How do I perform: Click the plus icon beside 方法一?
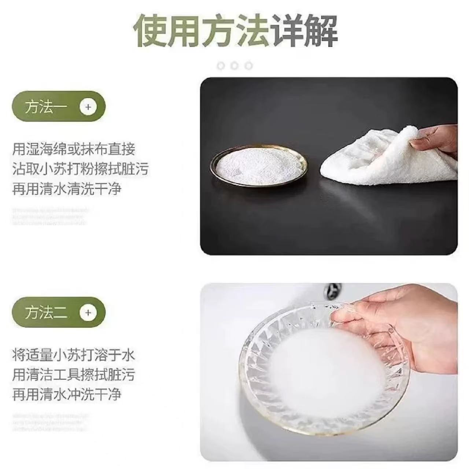pyautogui.click(x=88, y=107)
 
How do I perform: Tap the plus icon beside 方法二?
pyautogui.click(x=88, y=313)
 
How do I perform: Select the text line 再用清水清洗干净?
pyautogui.click(x=67, y=189)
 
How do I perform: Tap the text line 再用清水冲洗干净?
pyautogui.click(x=67, y=395)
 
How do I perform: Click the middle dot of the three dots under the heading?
pyautogui.click(x=235, y=66)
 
